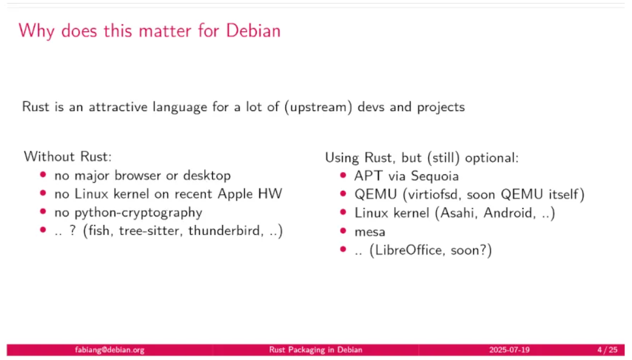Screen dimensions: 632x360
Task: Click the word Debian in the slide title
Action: point(253,31)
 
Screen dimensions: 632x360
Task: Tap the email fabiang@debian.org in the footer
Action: point(110,350)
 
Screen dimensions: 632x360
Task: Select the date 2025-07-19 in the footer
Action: point(509,350)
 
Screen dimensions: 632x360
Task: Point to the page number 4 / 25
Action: point(608,350)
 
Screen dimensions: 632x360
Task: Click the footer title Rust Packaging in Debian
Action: point(316,350)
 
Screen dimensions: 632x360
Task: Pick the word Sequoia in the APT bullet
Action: point(434,176)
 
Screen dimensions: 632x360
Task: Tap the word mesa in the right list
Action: point(370,232)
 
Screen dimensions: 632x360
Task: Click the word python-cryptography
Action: point(128,212)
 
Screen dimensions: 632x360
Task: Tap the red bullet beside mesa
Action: point(343,230)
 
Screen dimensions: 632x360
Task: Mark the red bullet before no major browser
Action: point(43,174)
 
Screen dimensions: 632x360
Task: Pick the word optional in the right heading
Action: point(492,158)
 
